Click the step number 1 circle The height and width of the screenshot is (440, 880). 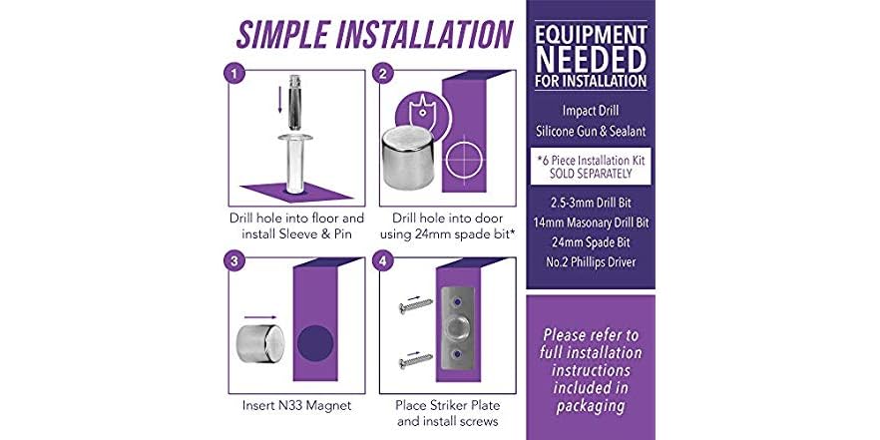click(234, 74)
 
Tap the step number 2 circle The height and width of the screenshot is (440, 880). click(382, 74)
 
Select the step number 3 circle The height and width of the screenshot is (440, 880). click(234, 261)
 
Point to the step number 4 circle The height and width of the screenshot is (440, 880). click(382, 261)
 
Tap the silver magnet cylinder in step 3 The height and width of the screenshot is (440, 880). click(259, 343)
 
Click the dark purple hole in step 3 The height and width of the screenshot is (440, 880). click(315, 343)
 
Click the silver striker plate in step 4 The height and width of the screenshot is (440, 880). click(457, 328)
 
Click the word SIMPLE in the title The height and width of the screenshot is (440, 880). click(281, 34)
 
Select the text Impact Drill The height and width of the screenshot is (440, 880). click(591, 111)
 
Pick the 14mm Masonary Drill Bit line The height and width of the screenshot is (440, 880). click(591, 222)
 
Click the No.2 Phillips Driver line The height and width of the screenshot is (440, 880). click(591, 262)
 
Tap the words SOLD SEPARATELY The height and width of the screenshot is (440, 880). click(591, 174)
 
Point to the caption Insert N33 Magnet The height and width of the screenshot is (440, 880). click(297, 405)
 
